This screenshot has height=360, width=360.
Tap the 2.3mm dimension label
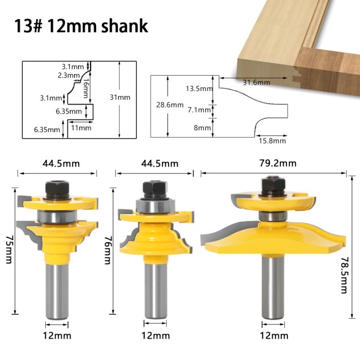click(x=67, y=75)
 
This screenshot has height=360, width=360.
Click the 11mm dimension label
click(x=81, y=128)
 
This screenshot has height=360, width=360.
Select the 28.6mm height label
click(x=170, y=105)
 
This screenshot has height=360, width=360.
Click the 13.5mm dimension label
click(x=199, y=88)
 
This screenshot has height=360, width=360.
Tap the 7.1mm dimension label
click(x=199, y=110)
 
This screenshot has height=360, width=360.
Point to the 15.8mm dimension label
click(x=272, y=141)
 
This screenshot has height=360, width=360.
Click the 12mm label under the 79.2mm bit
click(x=274, y=335)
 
